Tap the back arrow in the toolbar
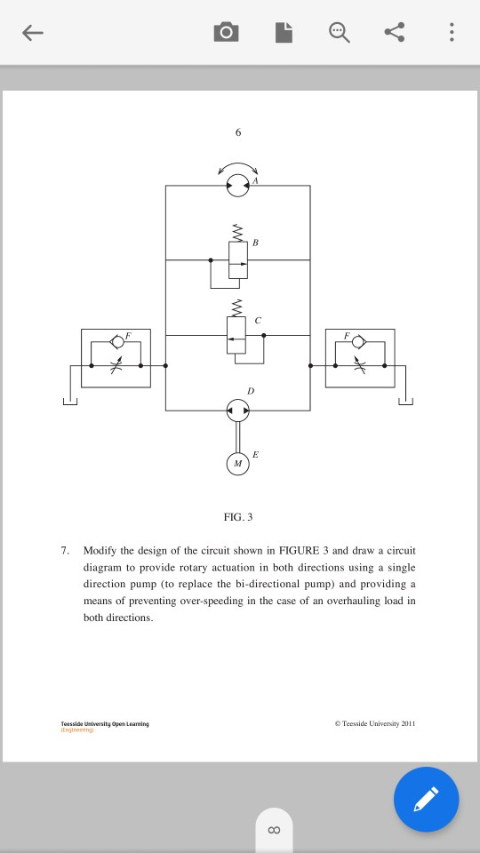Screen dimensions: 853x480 click(x=32, y=34)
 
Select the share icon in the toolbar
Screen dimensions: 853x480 click(x=394, y=34)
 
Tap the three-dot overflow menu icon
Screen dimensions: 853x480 click(x=452, y=34)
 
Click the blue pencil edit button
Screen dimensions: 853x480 click(x=427, y=799)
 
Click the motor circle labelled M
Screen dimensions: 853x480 click(x=237, y=463)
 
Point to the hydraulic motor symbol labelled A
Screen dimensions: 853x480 click(x=237, y=186)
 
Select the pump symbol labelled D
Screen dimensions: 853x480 click(x=237, y=410)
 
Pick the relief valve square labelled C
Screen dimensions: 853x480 click(x=237, y=335)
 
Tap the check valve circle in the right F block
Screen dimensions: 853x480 click(x=358, y=341)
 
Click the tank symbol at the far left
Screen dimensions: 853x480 click(x=69, y=402)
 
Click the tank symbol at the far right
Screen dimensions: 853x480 click(x=406, y=402)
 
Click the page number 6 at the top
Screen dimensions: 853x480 click(x=237, y=132)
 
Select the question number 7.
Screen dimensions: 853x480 click(x=65, y=551)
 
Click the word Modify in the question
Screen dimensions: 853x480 click(x=101, y=551)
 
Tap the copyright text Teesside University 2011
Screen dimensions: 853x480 click(x=375, y=724)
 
